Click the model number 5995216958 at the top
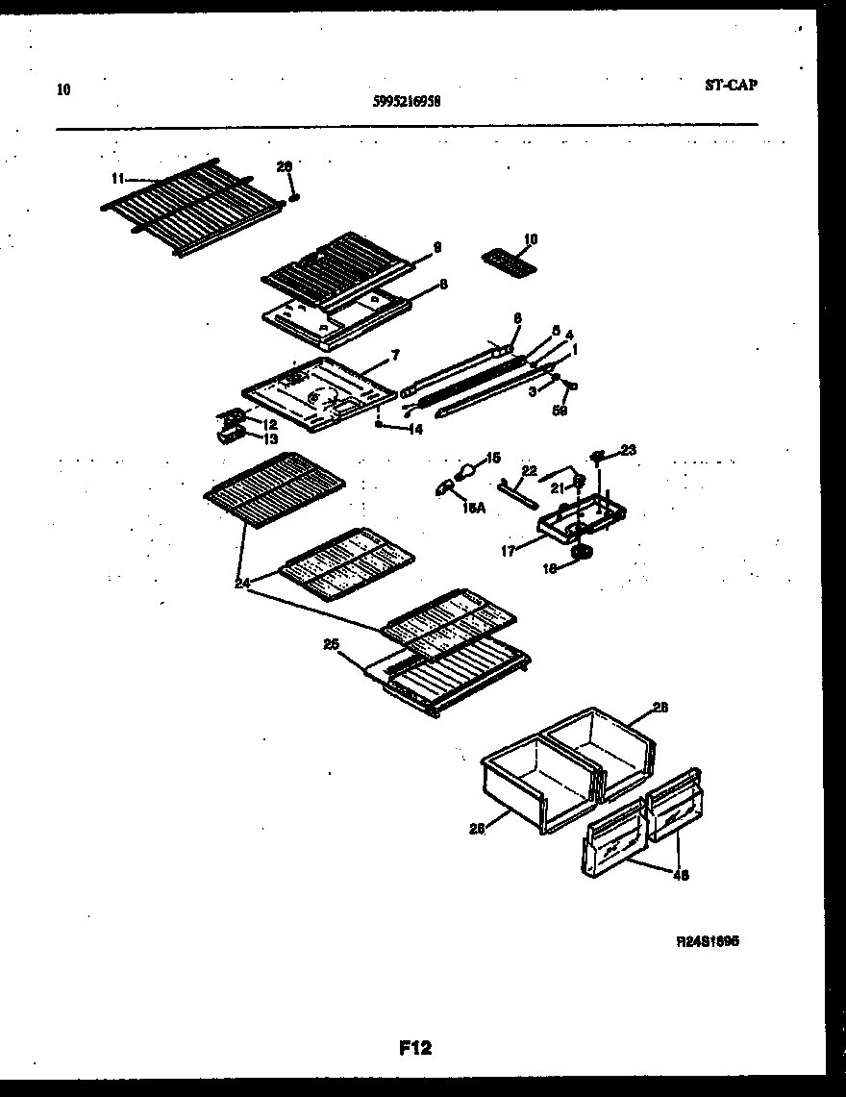point(406,99)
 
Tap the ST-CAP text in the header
point(730,85)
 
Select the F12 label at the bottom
point(415,1048)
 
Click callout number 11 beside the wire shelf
point(118,178)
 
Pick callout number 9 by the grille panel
point(436,247)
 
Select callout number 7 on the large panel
point(394,356)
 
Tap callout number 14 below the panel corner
point(414,429)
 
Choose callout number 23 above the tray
point(628,449)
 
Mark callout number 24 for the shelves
point(242,582)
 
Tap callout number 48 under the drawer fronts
point(682,875)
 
